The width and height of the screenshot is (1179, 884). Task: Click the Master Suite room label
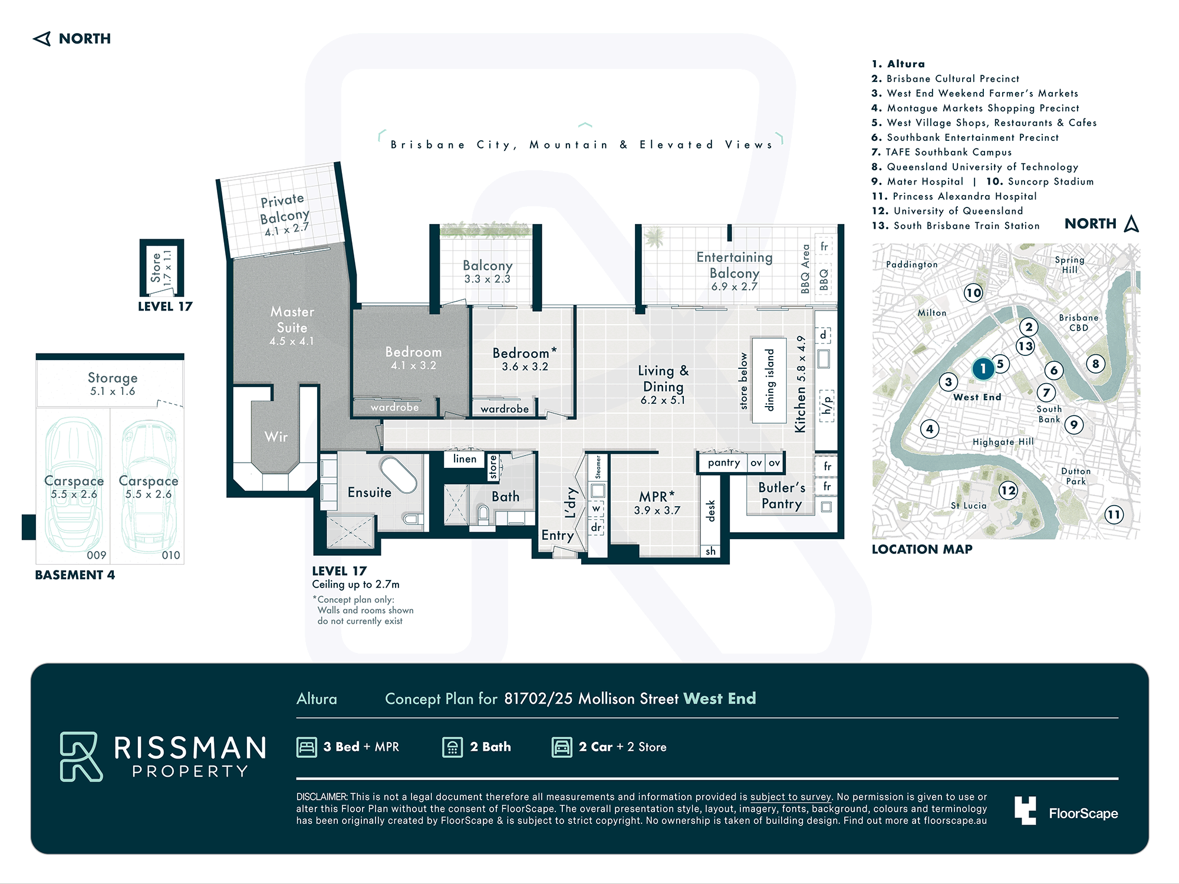click(292, 325)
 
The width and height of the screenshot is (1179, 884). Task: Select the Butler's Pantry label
click(782, 495)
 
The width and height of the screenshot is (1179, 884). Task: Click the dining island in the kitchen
click(769, 380)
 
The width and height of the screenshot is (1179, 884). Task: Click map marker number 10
click(973, 292)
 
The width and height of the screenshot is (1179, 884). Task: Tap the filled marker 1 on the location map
click(983, 369)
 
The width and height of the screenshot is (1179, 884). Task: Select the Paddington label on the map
click(912, 265)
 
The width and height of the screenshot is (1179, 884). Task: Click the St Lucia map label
click(969, 506)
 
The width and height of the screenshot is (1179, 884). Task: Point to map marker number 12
click(1009, 490)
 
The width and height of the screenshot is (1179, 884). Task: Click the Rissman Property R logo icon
click(81, 757)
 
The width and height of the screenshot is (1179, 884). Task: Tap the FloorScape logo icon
click(1025, 810)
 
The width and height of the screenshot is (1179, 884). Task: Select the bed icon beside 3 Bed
click(307, 747)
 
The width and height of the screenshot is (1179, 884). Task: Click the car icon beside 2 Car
click(562, 747)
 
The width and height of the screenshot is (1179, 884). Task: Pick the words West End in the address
click(720, 698)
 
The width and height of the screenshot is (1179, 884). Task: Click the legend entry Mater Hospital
click(925, 182)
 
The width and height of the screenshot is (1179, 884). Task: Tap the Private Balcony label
click(285, 215)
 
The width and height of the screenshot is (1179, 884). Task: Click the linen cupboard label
click(465, 459)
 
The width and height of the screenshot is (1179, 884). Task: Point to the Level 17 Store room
click(162, 268)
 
